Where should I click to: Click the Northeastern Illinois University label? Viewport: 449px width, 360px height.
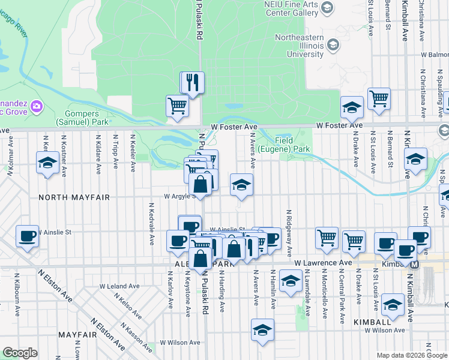[x=291, y=46]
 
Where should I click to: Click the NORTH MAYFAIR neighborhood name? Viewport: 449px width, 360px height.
[x=67, y=197]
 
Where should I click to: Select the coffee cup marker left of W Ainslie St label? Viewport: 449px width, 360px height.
[x=27, y=235]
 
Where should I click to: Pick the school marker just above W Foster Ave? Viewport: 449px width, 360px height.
[x=352, y=107]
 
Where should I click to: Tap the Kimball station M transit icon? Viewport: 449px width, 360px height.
[x=415, y=263]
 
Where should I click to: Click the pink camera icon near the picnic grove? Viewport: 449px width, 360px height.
[x=37, y=106]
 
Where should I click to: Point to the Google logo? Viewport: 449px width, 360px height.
[x=20, y=353]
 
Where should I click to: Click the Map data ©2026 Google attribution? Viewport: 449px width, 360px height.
[x=411, y=355]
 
